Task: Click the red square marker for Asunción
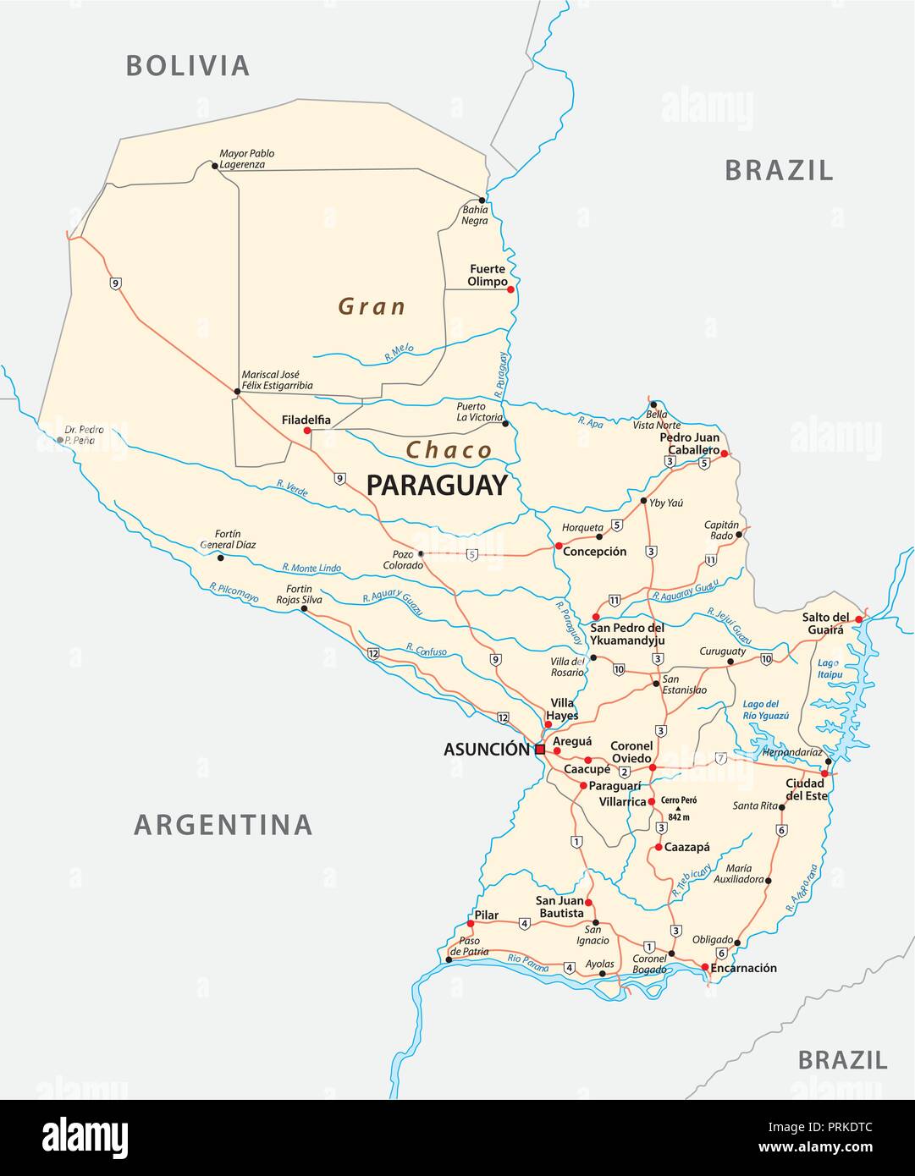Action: tap(540, 750)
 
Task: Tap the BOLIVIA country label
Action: tap(188, 66)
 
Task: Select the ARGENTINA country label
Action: tap(223, 824)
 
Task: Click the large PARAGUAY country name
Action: tap(437, 486)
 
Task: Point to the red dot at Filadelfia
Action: tap(307, 431)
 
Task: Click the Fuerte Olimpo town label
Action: tap(488, 275)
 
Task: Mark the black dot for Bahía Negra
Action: tap(482, 201)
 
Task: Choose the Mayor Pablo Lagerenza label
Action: tap(246, 159)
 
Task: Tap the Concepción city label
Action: tap(595, 552)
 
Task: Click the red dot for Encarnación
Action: tap(705, 967)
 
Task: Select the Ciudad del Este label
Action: tap(805, 789)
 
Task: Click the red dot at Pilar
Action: tap(471, 923)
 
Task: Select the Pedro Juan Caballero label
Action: tap(690, 444)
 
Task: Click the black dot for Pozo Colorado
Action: tap(421, 553)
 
